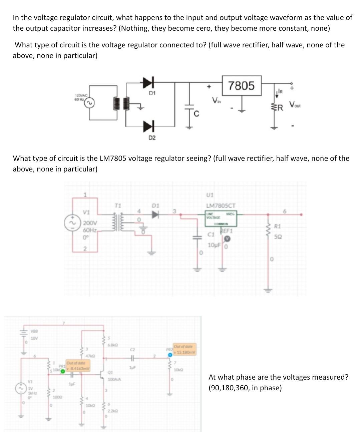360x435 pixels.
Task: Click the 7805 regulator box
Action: pyautogui.click(x=242, y=86)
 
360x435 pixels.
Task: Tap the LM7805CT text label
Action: pyautogui.click(x=221, y=206)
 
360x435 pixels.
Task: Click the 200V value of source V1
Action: pyautogui.click(x=90, y=223)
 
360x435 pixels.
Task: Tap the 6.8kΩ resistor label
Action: pyautogui.click(x=112, y=345)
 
